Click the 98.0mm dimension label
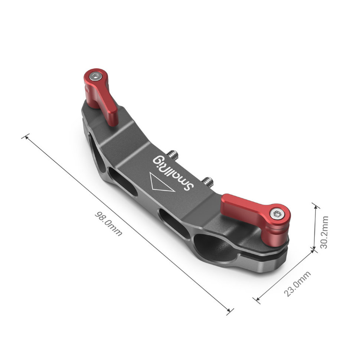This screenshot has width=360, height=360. coord(108,224)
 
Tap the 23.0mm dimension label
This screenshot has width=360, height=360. coord(297,284)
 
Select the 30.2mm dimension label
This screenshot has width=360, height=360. coord(324,232)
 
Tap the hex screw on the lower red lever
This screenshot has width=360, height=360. coord(276,214)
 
